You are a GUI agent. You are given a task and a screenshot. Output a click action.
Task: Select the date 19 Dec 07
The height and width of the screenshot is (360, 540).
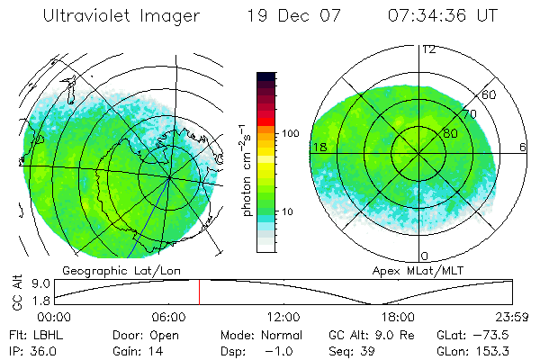point(296,17)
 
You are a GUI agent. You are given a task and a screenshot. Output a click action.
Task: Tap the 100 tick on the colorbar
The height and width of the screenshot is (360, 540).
point(290,133)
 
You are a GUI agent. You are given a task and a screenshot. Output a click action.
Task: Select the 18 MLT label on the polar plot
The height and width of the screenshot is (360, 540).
point(319,147)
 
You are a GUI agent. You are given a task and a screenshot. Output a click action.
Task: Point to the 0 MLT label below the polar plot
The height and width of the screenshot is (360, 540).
point(424,256)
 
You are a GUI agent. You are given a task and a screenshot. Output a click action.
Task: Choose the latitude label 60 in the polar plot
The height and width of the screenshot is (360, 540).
point(490,94)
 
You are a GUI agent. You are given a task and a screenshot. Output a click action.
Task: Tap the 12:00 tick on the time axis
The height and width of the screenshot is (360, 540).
point(283,318)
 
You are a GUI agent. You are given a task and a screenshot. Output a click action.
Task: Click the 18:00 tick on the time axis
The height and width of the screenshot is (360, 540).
point(398,318)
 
